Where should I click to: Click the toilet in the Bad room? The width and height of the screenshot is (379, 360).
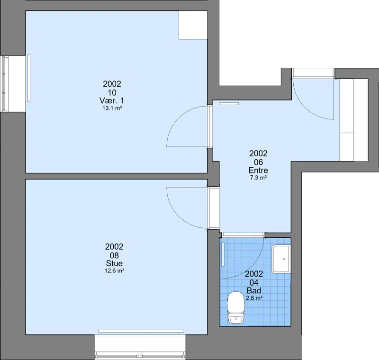[236, 307]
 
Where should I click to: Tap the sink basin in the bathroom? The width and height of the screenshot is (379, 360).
[281, 259]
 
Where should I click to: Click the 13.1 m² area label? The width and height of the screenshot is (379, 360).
[112, 108]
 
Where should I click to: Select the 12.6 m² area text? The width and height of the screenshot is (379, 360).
[114, 271]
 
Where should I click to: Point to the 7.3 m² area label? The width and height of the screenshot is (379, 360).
[258, 178]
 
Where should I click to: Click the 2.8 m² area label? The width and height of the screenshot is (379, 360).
[254, 298]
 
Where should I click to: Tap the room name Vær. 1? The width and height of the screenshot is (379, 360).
[112, 100]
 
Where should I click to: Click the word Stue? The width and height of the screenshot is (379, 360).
[114, 263]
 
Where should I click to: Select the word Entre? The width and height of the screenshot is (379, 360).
[258, 171]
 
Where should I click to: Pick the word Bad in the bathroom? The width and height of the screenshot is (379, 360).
[254, 290]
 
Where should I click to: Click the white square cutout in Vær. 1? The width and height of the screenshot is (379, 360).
[193, 25]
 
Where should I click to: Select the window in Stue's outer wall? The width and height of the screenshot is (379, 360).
[140, 347]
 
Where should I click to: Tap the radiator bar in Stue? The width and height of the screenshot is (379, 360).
[141, 331]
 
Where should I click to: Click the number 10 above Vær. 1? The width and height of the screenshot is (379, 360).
[112, 92]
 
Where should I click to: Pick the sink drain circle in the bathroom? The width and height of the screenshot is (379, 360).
[284, 259]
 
